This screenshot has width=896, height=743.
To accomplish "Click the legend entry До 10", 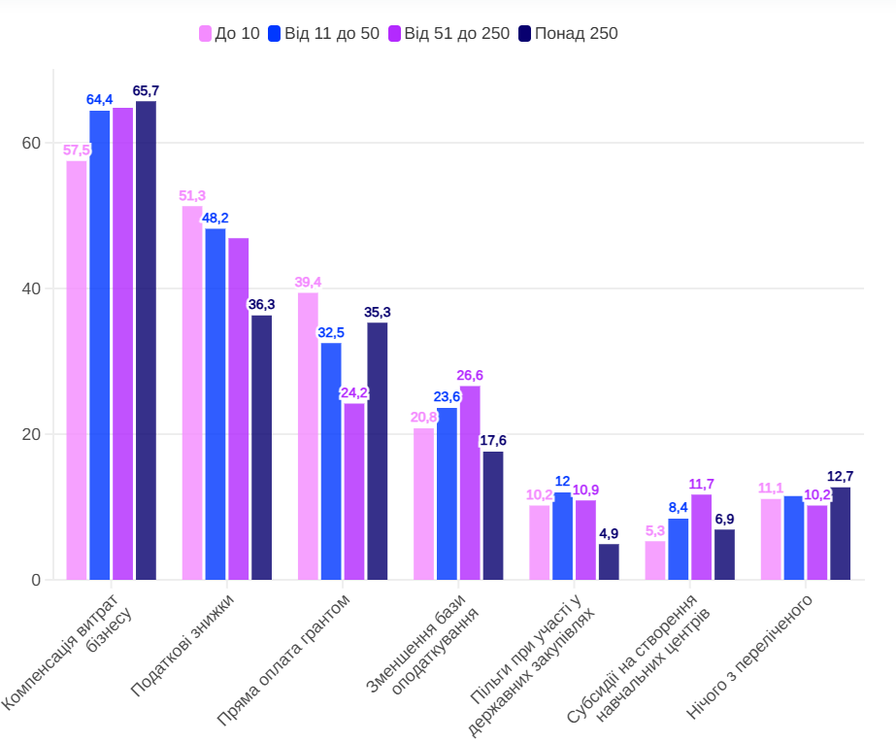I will click(x=229, y=34).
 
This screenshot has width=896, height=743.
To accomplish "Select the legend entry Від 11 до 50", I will click(x=323, y=34).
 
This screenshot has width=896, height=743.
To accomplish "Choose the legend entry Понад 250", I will click(x=568, y=34).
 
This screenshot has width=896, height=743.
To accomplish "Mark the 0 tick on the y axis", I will click(x=35, y=580).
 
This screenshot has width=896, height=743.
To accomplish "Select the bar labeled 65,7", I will click(x=146, y=340).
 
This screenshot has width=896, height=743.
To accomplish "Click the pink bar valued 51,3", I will click(x=192, y=393).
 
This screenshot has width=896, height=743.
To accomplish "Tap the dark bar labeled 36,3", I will click(x=262, y=447).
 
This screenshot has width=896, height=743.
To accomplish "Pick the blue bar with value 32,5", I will click(x=331, y=461).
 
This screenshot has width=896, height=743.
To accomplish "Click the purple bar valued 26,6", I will click(x=470, y=483).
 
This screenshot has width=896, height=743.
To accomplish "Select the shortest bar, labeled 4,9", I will click(x=609, y=562).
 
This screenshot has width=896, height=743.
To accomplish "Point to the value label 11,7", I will click(x=701, y=484).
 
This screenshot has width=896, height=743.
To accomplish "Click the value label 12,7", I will click(x=841, y=476).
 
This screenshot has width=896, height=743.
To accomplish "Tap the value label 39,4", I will click(x=308, y=282).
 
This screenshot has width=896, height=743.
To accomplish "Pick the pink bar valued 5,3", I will click(x=655, y=560).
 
